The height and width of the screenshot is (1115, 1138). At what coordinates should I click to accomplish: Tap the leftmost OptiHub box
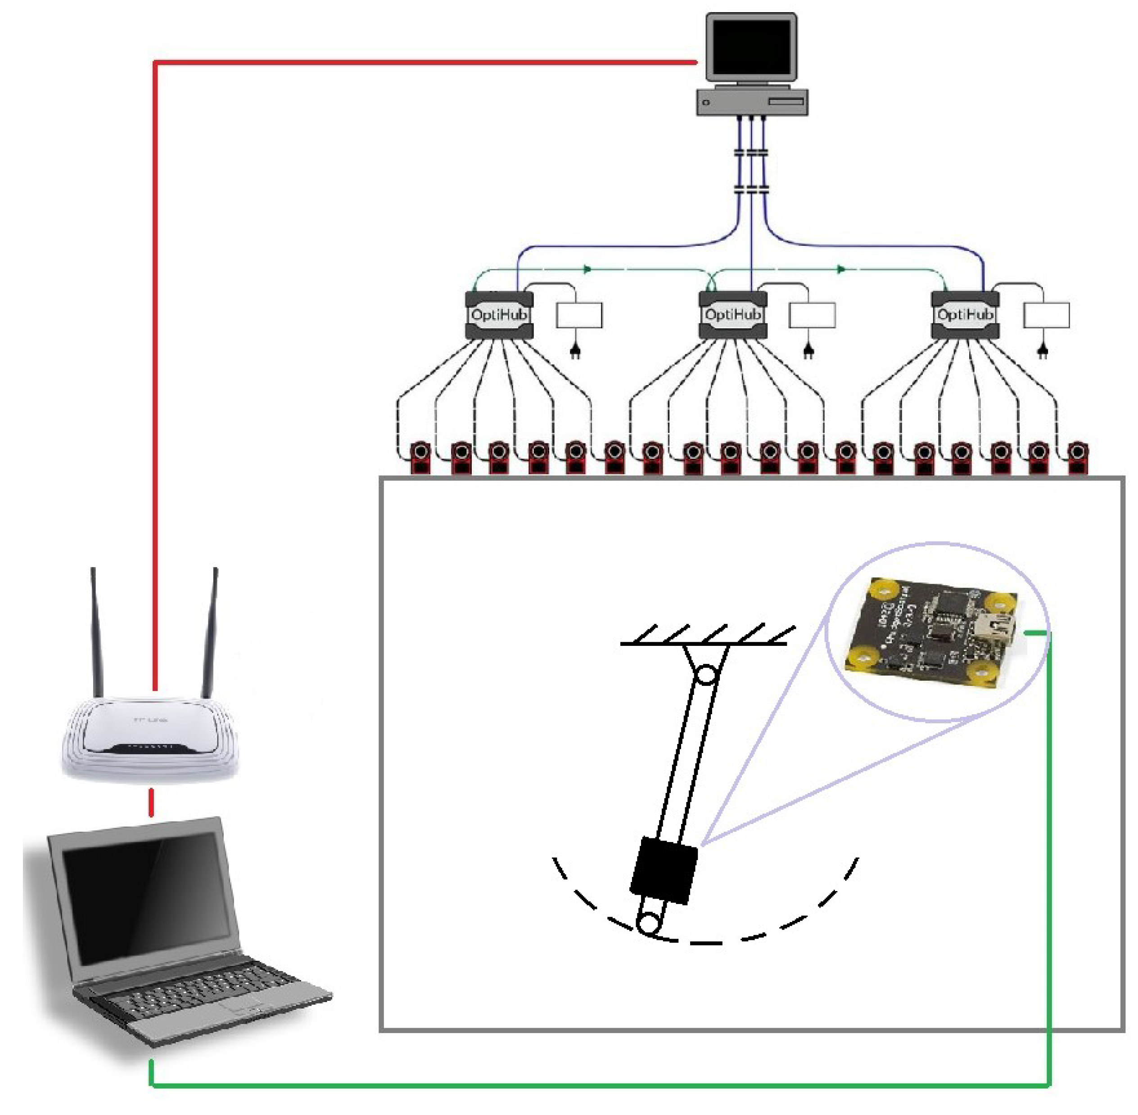(x=499, y=315)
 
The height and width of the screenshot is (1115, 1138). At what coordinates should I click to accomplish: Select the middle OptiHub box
(x=732, y=315)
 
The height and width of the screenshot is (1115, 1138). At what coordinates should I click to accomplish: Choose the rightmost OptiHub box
(x=965, y=315)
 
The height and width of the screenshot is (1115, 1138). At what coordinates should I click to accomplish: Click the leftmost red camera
(x=420, y=457)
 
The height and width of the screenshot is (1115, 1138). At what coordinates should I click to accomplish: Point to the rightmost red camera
(x=1077, y=457)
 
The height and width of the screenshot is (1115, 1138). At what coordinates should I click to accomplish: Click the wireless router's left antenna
(x=96, y=632)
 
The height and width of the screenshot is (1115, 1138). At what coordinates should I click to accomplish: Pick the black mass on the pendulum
(x=664, y=869)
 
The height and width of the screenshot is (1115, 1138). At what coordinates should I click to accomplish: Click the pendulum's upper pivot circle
(x=707, y=675)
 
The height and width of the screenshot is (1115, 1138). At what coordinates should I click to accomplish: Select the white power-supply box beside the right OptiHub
(x=1046, y=315)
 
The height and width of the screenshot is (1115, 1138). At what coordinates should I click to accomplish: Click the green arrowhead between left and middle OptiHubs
(x=587, y=269)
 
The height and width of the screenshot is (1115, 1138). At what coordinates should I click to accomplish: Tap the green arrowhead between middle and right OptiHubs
(x=841, y=269)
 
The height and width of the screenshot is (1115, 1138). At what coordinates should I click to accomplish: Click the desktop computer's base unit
(x=752, y=103)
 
